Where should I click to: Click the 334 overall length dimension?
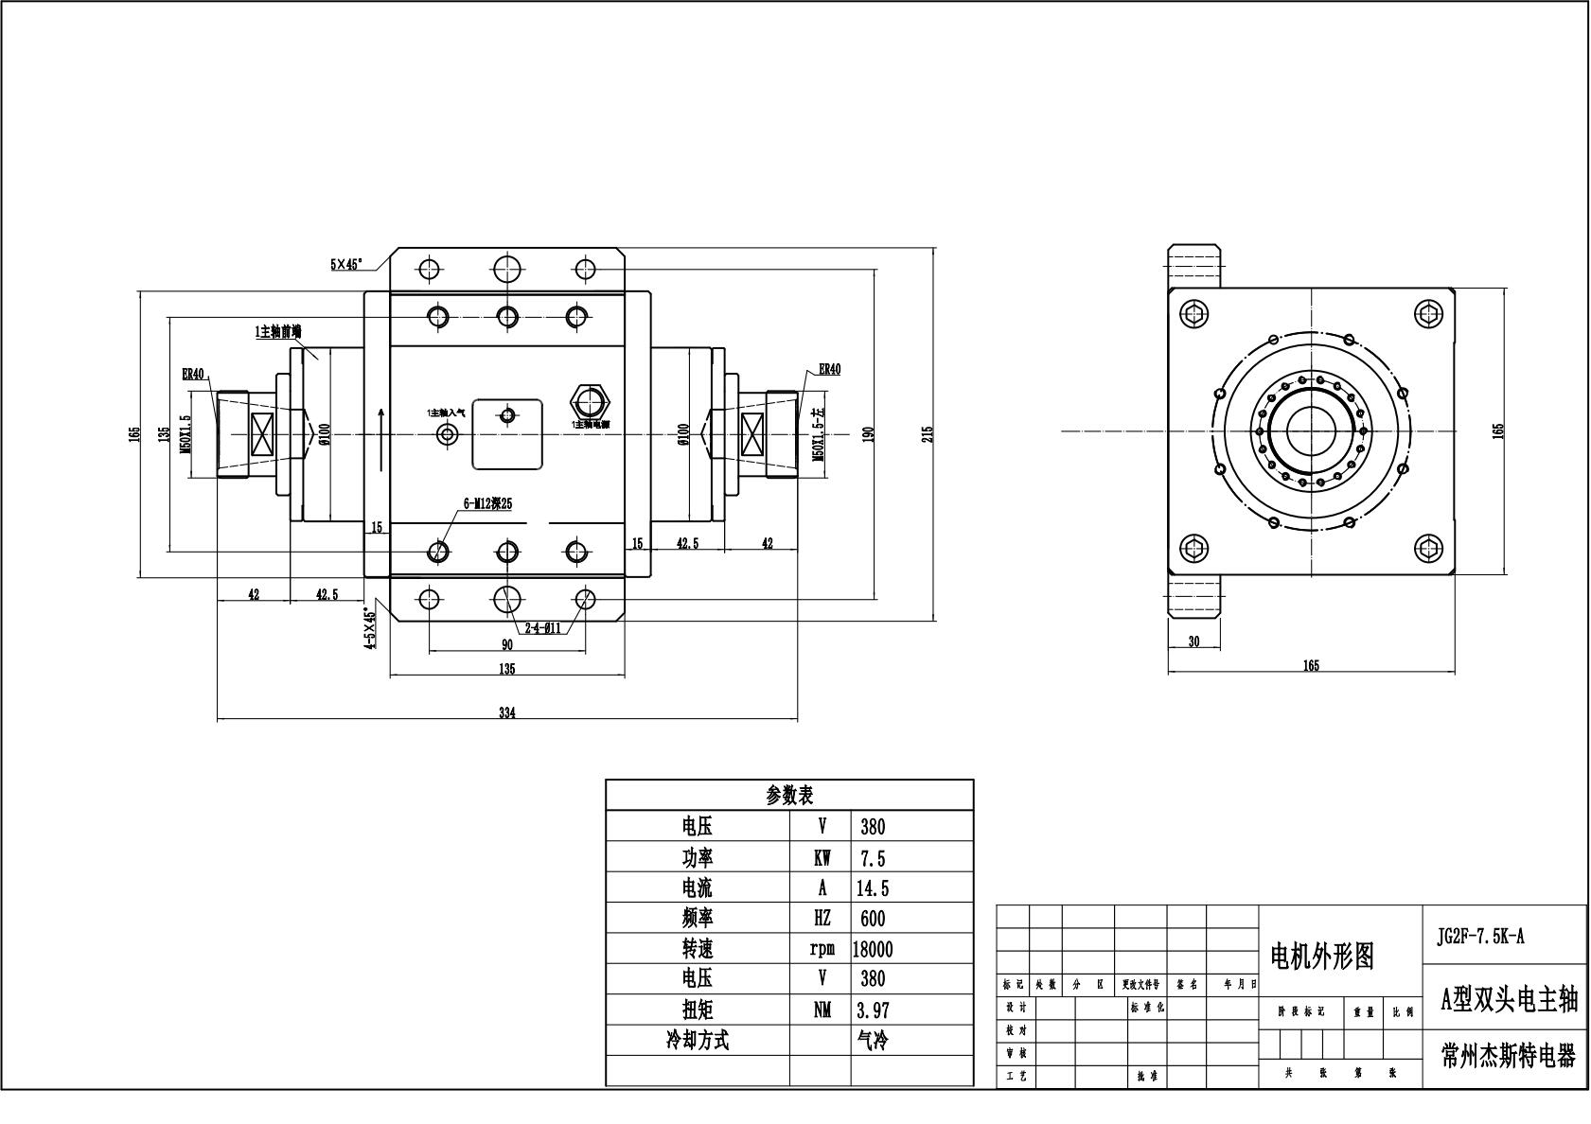506,713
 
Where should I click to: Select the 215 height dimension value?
928,432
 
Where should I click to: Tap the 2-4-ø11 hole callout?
542,626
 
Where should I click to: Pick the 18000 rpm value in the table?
873,949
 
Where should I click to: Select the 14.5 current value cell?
873,888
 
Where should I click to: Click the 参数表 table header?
789,795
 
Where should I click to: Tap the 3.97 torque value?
873,1010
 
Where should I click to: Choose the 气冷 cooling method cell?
873,1041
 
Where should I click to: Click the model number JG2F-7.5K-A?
1481,938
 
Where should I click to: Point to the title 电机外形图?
1321,957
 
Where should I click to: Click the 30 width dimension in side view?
1193,641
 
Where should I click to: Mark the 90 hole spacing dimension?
506,644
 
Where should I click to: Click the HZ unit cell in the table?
822,919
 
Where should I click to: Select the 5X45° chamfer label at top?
346,265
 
